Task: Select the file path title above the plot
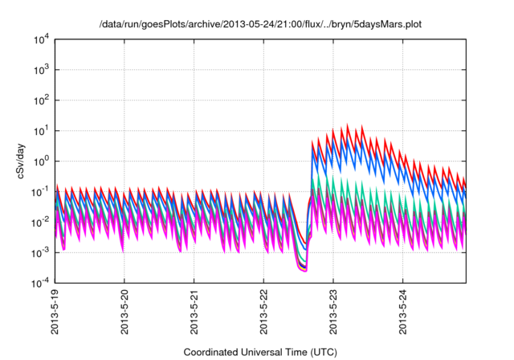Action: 260,24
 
